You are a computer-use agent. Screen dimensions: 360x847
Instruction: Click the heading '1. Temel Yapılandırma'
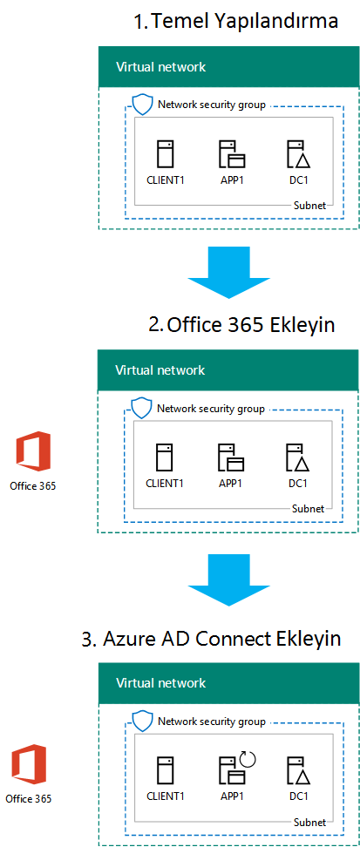[235, 22]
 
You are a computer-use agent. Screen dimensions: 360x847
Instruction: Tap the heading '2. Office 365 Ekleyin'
[241, 325]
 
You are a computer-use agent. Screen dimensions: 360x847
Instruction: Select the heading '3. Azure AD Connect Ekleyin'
[211, 639]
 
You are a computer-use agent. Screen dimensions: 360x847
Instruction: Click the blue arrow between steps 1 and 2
[228, 271]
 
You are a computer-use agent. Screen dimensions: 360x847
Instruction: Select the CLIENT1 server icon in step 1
[165, 155]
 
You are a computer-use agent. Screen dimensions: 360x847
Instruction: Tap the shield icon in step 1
[142, 105]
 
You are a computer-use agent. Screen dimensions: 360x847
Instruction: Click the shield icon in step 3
[142, 722]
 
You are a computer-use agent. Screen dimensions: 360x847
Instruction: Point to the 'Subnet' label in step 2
[308, 508]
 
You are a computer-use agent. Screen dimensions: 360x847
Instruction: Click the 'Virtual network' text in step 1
[160, 67]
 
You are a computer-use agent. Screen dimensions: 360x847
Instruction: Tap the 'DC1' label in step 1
[298, 180]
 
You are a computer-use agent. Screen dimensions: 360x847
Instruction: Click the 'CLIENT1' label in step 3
[165, 796]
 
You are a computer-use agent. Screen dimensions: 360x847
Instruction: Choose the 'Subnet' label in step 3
[309, 823]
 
